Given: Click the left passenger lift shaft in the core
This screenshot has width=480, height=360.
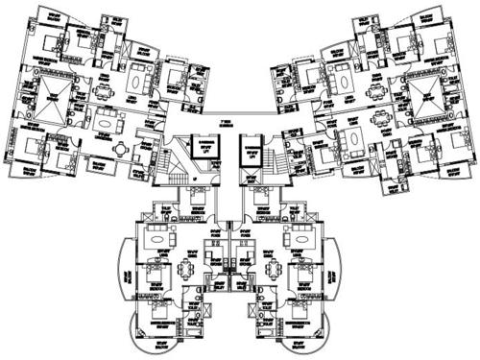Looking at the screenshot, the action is (204, 147).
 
